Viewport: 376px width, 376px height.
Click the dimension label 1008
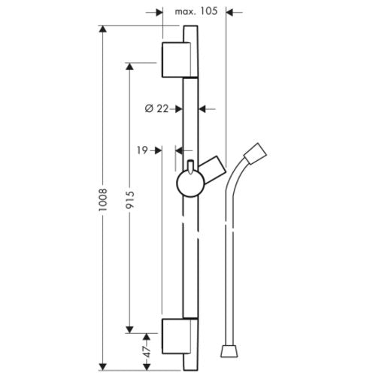(103, 199)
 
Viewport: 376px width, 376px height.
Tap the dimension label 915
(130, 200)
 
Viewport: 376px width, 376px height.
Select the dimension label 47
(147, 352)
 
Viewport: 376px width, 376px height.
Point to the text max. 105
(196, 11)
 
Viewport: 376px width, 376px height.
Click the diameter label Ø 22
(156, 109)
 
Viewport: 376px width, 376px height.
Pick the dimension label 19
(142, 150)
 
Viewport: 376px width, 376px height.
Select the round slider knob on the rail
(191, 183)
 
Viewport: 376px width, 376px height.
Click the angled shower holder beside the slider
(213, 170)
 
